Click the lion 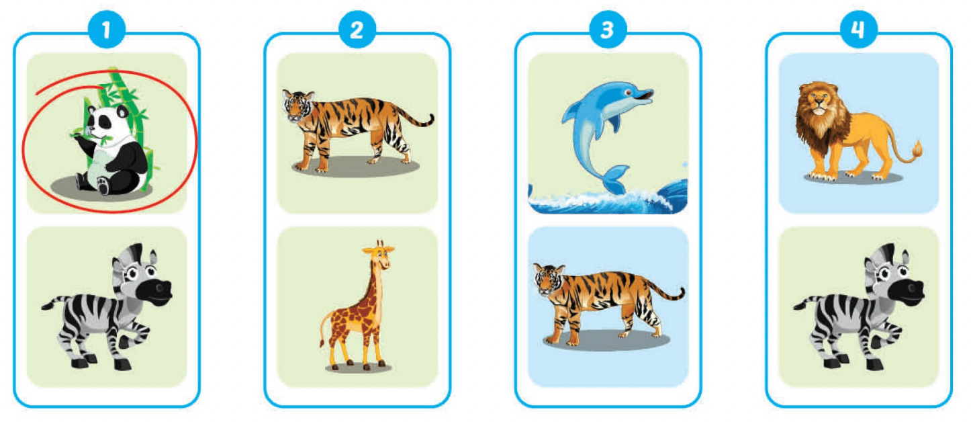853,131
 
